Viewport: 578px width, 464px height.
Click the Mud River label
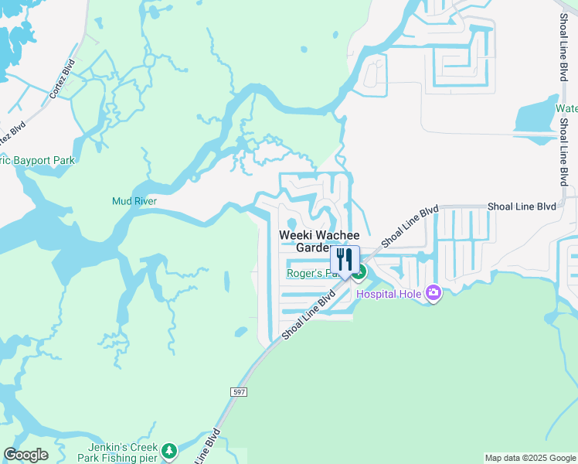point(134,202)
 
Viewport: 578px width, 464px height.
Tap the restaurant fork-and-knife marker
point(345,260)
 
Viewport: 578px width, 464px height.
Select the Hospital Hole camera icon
point(433,294)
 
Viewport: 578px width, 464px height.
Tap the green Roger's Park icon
point(359,272)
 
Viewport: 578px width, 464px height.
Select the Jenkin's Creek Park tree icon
point(169,450)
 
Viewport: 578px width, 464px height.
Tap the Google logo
point(25,455)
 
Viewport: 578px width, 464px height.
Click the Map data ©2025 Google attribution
point(530,458)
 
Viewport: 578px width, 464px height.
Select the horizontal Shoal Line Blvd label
point(522,206)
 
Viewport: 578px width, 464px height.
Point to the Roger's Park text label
point(309,273)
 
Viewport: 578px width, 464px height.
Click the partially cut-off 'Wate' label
point(566,109)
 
